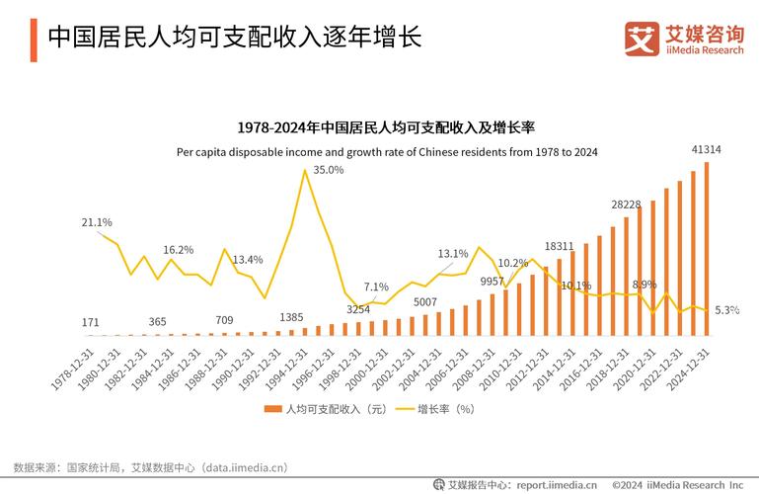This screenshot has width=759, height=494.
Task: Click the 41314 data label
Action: (x=706, y=149)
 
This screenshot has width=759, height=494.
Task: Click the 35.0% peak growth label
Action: (x=329, y=170)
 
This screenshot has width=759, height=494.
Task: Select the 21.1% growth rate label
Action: (x=97, y=222)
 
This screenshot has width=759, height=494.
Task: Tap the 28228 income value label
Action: (x=626, y=205)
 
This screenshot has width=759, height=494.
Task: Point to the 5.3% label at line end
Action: (x=727, y=310)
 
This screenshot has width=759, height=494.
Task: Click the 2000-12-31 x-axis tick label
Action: (x=367, y=365)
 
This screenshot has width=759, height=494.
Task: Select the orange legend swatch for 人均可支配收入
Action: (x=272, y=409)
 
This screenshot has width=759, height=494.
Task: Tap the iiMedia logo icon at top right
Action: (x=641, y=39)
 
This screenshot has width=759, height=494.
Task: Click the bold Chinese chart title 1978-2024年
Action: (x=386, y=127)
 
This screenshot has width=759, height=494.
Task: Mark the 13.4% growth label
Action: (x=248, y=260)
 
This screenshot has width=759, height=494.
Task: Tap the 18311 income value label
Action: (x=559, y=246)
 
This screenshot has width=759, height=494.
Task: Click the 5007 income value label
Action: (x=425, y=301)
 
